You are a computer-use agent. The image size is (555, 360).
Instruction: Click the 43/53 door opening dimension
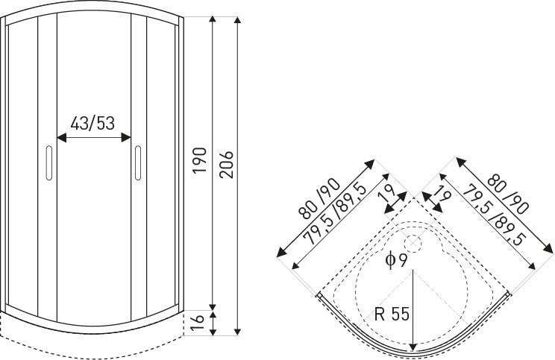tap(92, 123)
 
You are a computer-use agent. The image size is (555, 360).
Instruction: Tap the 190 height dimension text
tap(198, 160)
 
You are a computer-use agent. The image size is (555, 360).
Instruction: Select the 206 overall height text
tap(228, 165)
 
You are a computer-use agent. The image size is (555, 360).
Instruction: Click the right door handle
tap(138, 162)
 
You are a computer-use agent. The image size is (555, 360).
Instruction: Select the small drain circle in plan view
tap(411, 242)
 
